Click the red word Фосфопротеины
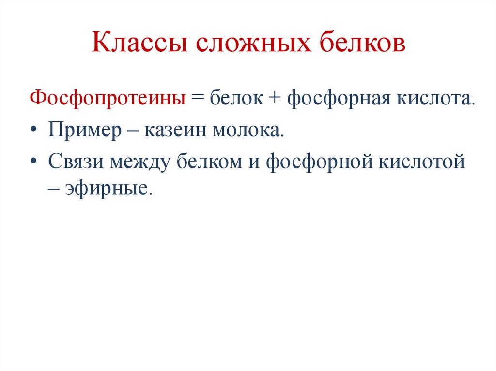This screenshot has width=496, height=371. tap(107, 99)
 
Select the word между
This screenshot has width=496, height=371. tap(141, 161)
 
